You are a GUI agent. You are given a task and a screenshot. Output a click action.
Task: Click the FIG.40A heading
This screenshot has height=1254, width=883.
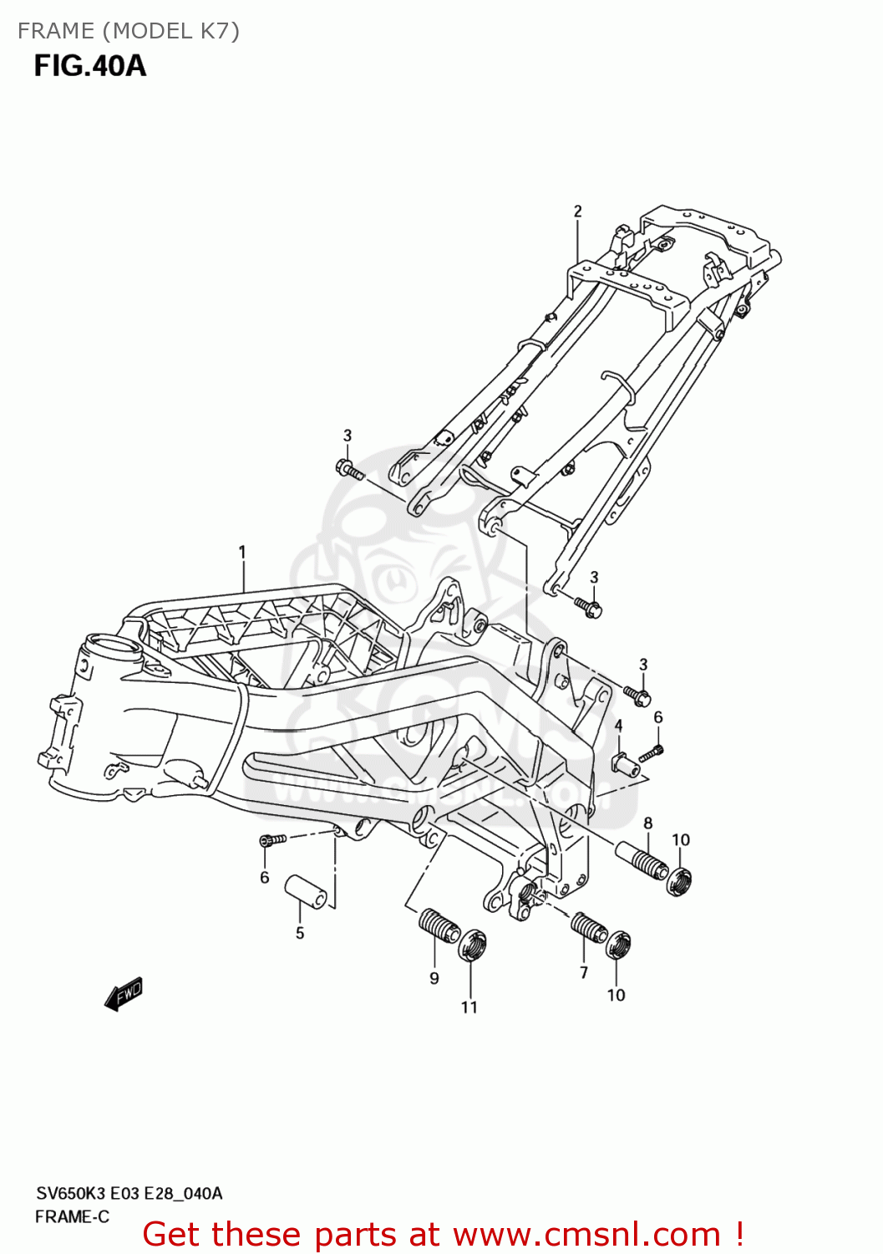click(89, 65)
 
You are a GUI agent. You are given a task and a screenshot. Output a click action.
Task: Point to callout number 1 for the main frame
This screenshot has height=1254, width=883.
click(242, 552)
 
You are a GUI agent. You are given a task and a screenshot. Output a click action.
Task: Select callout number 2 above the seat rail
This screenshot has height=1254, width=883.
click(577, 212)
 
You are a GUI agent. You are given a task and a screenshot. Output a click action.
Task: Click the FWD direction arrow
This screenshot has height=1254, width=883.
click(124, 994)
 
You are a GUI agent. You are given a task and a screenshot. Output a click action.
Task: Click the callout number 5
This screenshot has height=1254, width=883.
click(300, 933)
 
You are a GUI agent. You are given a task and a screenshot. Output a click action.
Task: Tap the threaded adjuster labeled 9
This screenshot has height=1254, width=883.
click(438, 925)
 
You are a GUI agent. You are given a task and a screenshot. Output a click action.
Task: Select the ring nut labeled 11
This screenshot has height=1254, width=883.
click(473, 946)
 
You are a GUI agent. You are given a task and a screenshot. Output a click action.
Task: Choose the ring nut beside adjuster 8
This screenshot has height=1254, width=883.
click(680, 881)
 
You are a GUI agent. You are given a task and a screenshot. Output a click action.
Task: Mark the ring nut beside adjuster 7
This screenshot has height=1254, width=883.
click(617, 945)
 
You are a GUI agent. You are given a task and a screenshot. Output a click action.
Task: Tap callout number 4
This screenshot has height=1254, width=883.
click(618, 726)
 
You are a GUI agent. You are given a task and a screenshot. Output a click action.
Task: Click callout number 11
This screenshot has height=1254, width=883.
click(469, 1007)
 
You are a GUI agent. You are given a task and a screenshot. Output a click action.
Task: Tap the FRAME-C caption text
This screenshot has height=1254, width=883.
click(72, 1217)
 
